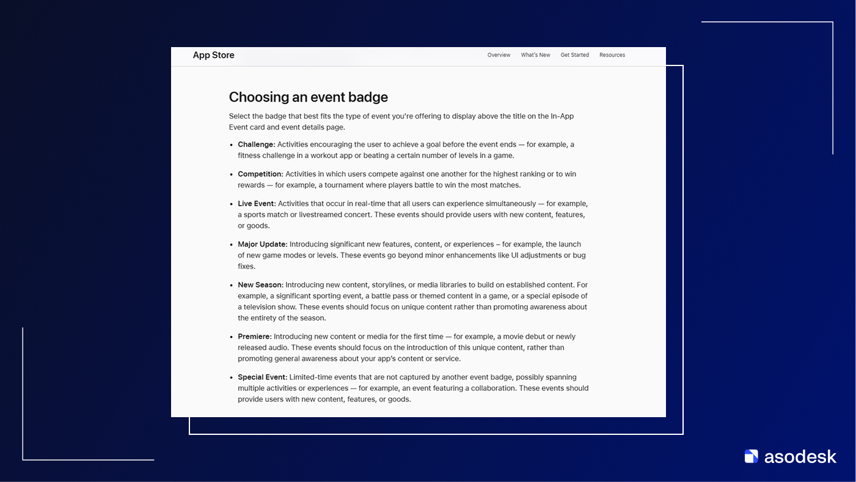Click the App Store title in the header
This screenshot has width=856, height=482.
[x=213, y=55]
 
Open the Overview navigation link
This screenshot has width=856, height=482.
[x=499, y=55]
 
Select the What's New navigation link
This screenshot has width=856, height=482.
[x=535, y=55]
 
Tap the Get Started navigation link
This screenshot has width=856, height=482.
[x=574, y=55]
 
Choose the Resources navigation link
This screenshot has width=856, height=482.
[x=612, y=55]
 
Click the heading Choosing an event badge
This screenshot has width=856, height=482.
[x=308, y=97]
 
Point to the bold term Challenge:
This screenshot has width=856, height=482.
[x=257, y=144]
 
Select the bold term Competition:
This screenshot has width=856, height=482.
[x=260, y=174]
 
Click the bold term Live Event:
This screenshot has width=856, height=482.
[x=257, y=204]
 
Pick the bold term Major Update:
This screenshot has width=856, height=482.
[x=262, y=244]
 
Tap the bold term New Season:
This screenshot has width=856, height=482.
[x=260, y=285]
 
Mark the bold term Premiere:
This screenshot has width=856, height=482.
[x=254, y=336]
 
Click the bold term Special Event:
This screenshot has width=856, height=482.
[x=262, y=377]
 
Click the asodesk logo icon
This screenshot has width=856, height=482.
[x=751, y=456]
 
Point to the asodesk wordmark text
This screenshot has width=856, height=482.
[x=800, y=456]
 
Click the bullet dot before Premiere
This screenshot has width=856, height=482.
[x=232, y=337]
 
